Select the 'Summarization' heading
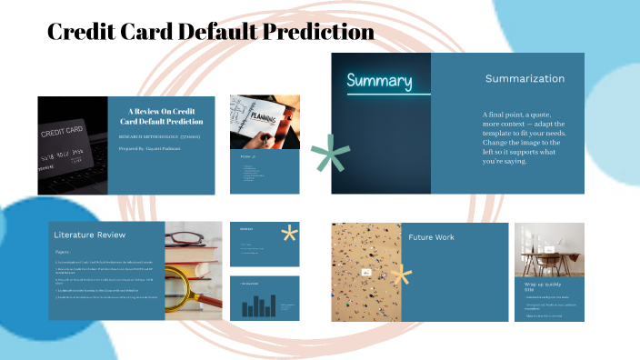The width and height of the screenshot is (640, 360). click(x=525, y=79)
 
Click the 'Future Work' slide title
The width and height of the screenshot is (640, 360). click(x=431, y=237)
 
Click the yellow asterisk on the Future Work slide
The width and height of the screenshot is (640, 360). click(x=400, y=276)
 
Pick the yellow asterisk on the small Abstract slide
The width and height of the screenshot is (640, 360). click(x=290, y=233)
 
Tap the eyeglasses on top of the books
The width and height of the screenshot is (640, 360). click(x=193, y=241)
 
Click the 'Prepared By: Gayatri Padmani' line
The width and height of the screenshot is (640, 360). click(x=151, y=148)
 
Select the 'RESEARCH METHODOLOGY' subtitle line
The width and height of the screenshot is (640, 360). click(x=159, y=135)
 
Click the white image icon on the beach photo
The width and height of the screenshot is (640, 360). click(x=368, y=272)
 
